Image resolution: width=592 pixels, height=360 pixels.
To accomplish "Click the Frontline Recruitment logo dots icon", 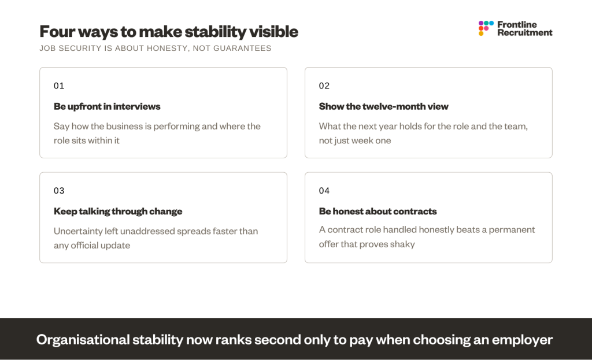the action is pos(486,28).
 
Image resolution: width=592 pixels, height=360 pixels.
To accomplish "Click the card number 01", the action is pos(59,86).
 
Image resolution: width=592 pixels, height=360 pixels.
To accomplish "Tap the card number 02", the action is pos(324,86).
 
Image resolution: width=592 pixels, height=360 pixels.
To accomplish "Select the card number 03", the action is pos(59,191).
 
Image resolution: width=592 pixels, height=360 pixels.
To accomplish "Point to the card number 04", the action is pos(324,191).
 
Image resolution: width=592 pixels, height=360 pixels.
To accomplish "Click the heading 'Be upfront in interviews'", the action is pos(107,106).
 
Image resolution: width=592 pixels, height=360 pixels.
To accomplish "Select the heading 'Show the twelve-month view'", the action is pos(384,106).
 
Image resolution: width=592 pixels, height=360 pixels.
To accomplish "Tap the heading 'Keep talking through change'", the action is pos(118,211).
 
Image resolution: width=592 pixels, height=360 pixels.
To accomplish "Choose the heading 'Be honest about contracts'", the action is pos(378,211).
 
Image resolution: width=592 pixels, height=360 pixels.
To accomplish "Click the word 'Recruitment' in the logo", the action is pos(525,33).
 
